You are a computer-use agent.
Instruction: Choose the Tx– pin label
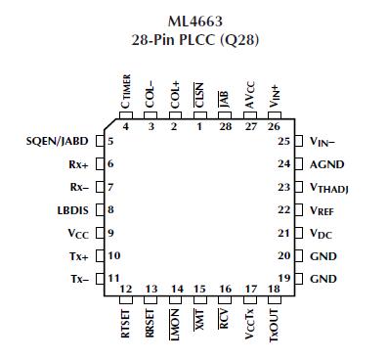pyautogui.click(x=79, y=279)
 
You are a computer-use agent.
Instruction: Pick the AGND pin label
pyautogui.click(x=326, y=164)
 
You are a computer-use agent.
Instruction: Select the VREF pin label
pyautogui.click(x=323, y=210)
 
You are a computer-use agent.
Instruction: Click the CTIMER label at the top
pyautogui.click(x=126, y=93)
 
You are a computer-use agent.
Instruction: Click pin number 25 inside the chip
pyautogui.click(x=284, y=141)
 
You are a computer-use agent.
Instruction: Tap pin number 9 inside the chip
pyautogui.click(x=112, y=233)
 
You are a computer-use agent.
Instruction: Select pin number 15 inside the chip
pyautogui.click(x=199, y=289)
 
